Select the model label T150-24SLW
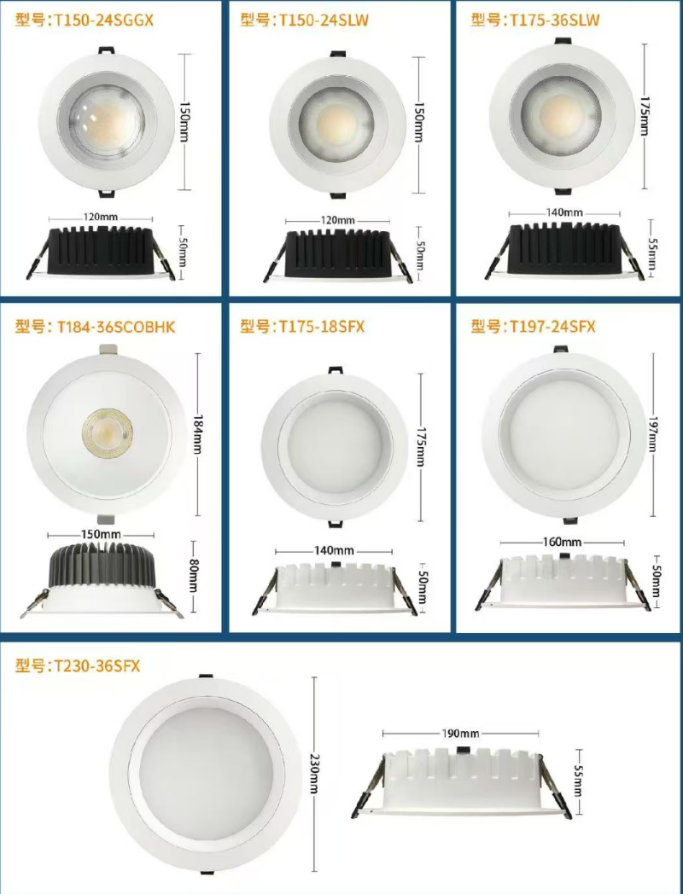(323, 20)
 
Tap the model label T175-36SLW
(554, 20)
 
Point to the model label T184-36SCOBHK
(116, 328)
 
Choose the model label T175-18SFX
(321, 327)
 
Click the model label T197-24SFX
(552, 327)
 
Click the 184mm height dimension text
(198, 434)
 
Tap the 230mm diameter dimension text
(314, 774)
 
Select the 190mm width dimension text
(460, 734)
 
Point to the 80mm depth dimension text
(194, 576)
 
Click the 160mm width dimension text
(562, 543)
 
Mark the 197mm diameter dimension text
(653, 434)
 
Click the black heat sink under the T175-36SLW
(563, 248)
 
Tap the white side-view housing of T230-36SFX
(461, 778)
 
